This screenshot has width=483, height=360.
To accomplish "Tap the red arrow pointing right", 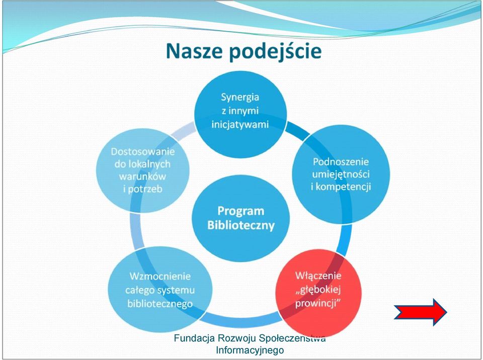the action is [421, 312].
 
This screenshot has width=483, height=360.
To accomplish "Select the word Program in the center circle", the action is [240, 211].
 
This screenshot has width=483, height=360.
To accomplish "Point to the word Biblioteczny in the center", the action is [240, 225].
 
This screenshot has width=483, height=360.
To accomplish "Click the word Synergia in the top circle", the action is [240, 98].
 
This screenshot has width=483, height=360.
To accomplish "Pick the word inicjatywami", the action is [240, 124].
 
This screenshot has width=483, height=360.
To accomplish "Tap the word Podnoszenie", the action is [341, 162].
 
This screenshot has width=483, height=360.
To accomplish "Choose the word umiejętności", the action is [341, 174].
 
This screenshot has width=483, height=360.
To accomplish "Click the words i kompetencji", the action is [341, 187].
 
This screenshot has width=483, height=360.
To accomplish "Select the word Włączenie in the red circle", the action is [318, 275].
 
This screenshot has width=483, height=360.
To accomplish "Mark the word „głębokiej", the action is [318, 290].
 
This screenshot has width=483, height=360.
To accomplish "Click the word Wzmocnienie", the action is [160, 276].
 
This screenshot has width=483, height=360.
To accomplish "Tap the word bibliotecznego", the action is [160, 304].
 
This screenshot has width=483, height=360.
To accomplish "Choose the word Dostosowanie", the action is [142, 151].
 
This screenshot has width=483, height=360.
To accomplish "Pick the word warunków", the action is [142, 176].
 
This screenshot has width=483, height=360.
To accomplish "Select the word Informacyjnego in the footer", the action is [250, 350].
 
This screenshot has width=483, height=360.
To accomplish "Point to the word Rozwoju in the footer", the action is [237, 338].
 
